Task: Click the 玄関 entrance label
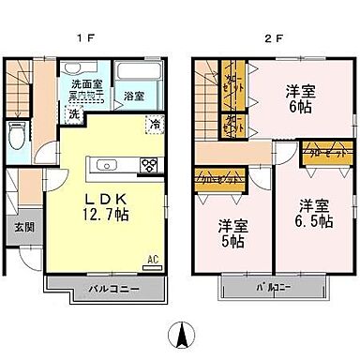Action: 22,228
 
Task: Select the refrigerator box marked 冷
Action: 154,124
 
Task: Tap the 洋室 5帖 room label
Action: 233,232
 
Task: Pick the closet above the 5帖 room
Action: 221,177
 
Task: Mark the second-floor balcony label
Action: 273,287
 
